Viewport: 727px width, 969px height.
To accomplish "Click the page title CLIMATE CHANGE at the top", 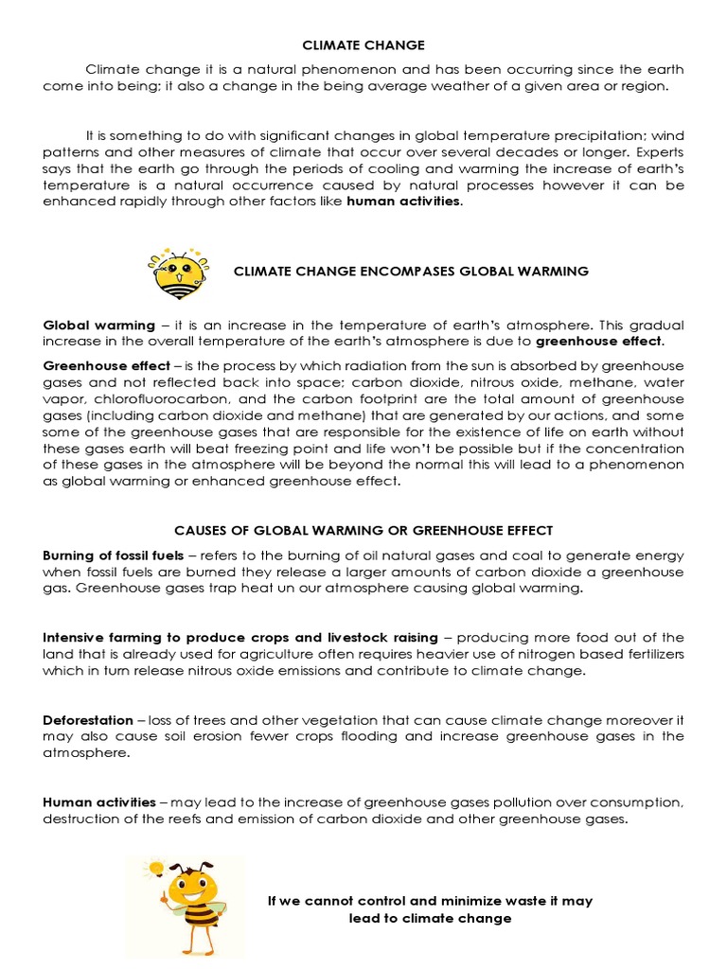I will pos(363,44).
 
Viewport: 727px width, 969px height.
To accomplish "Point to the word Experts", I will pos(659,152).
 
